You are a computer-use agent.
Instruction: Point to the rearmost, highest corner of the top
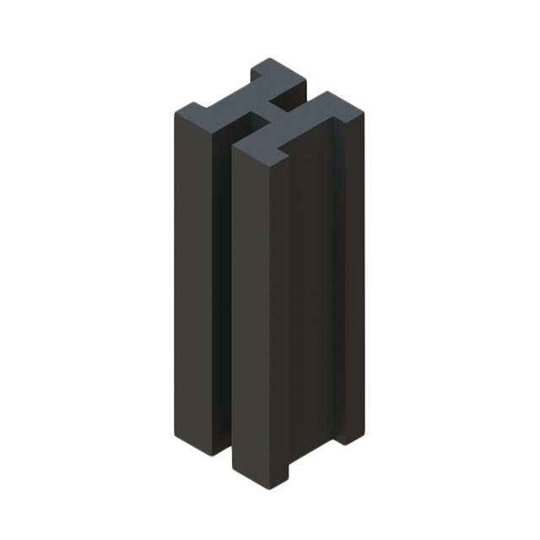(270, 58)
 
